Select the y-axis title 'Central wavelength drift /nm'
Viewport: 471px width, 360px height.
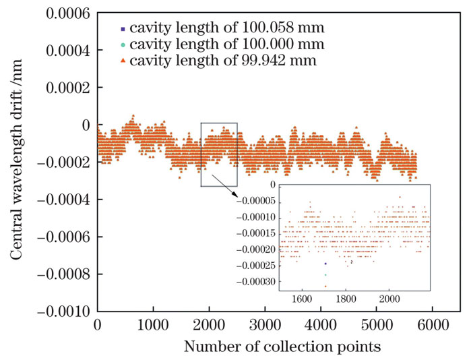(14, 162)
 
